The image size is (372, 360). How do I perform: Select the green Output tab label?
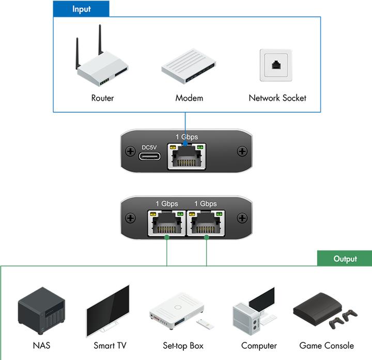pos(345,259)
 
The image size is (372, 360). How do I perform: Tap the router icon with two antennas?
pos(102,65)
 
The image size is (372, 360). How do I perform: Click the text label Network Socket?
pos(277,98)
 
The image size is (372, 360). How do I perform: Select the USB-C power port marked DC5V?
pos(149,155)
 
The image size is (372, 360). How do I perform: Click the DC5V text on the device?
pos(149,146)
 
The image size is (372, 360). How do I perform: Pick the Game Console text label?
pos(327,346)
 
